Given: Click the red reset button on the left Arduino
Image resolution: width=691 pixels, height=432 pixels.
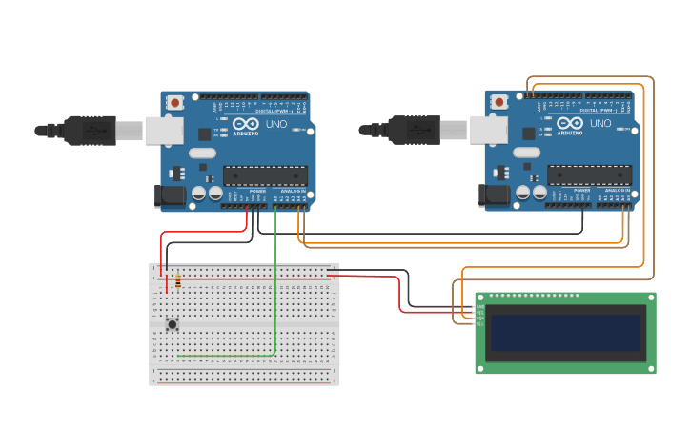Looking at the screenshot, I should pyautogui.click(x=175, y=102).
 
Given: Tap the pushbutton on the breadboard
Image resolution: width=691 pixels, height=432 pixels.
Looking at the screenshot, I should pyautogui.click(x=173, y=324).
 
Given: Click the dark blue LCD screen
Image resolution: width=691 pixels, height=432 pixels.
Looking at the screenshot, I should pyautogui.click(x=564, y=333).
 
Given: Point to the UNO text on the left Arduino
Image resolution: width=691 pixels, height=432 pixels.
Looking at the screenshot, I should pyautogui.click(x=275, y=124).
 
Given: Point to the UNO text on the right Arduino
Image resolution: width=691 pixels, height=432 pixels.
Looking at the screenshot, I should pyautogui.click(x=600, y=124).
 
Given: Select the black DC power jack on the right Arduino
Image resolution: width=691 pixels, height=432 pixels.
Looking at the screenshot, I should pyautogui.click(x=494, y=195).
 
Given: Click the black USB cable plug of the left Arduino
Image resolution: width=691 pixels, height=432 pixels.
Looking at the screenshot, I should pyautogui.click(x=91, y=131).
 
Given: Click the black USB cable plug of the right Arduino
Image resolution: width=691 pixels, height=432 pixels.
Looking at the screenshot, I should pyautogui.click(x=415, y=131).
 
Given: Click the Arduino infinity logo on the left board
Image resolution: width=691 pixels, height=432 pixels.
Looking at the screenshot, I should pyautogui.click(x=246, y=124).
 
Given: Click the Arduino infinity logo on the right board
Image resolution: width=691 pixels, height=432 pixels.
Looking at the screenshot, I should pyautogui.click(x=570, y=124).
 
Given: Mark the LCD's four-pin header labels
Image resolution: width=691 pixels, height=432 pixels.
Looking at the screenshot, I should pyautogui.click(x=480, y=316).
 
